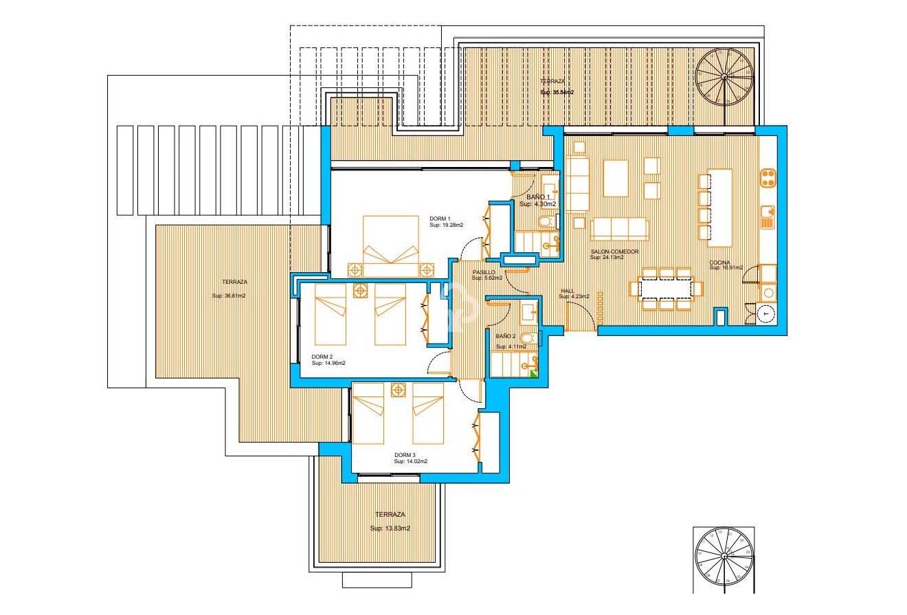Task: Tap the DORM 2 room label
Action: point(322,357)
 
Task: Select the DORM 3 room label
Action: point(405,455)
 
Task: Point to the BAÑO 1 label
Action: point(538,197)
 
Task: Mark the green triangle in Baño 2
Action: point(533,372)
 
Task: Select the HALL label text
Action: point(567,291)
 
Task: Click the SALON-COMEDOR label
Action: point(614,251)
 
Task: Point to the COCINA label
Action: point(721,262)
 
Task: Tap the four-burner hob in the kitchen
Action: point(768,179)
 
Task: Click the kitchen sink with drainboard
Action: point(768,218)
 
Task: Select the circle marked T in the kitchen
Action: point(765,313)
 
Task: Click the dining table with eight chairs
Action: point(664,287)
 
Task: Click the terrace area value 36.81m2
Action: point(230,296)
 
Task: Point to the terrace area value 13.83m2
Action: point(390,528)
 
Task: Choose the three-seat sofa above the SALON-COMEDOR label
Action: point(619,230)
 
